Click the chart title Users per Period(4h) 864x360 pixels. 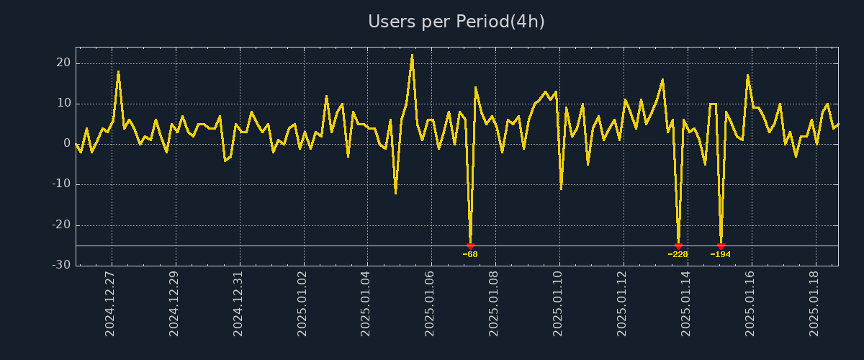point(456,22)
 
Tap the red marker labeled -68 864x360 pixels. point(470,246)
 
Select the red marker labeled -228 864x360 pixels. point(678,246)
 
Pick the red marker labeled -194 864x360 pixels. point(721,246)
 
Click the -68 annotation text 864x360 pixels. point(470,254)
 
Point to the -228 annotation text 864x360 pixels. point(678,254)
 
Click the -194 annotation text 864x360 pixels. point(721,254)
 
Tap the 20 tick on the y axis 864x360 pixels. point(63,63)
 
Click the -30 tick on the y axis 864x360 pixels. point(60,265)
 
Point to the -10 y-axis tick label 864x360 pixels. point(60,184)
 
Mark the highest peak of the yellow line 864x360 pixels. point(412,55)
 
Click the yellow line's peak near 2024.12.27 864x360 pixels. point(118,71)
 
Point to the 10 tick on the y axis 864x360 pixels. point(63,104)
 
